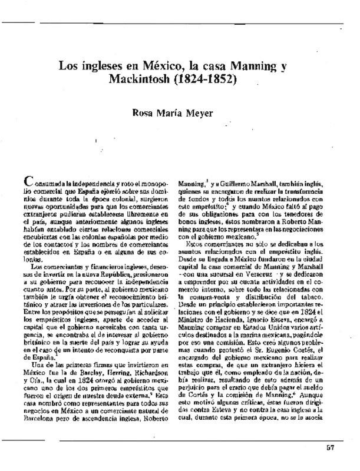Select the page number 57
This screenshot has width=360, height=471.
click(330, 447)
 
